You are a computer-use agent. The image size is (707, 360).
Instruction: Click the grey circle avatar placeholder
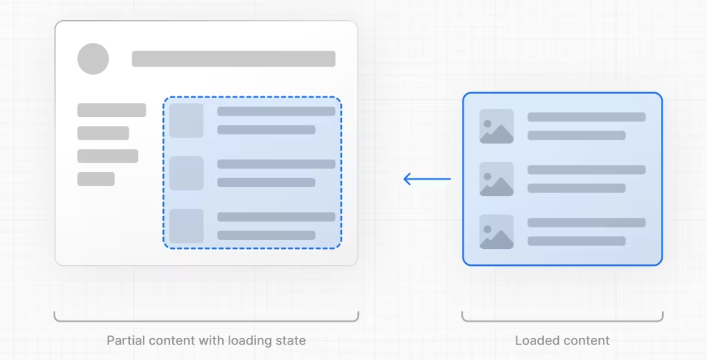click(x=93, y=58)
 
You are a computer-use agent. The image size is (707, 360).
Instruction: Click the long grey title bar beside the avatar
click(x=233, y=58)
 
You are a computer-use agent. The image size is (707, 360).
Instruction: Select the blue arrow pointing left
click(x=427, y=179)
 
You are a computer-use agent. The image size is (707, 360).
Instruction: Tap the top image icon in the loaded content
click(x=496, y=126)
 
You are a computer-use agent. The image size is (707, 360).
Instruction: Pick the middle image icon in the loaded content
click(x=496, y=179)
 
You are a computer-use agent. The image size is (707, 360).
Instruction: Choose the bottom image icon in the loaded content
click(x=496, y=231)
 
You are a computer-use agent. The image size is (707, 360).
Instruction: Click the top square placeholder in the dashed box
click(x=186, y=120)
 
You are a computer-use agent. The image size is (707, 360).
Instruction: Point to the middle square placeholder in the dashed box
click(x=186, y=173)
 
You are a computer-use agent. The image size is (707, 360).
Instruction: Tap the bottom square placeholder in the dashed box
click(x=186, y=225)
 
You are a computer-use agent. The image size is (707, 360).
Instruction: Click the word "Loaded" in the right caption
click(x=534, y=341)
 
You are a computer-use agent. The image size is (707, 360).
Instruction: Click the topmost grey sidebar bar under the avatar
click(x=112, y=110)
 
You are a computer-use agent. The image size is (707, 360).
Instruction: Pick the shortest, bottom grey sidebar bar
click(x=96, y=179)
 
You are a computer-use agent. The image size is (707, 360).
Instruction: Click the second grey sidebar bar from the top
click(x=103, y=133)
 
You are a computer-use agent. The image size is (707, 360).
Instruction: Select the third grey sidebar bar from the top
click(x=108, y=156)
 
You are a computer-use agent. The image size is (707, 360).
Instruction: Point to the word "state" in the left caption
click(x=290, y=341)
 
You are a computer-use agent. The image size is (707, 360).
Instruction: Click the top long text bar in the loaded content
click(x=586, y=117)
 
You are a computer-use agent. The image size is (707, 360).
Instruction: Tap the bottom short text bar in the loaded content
click(x=576, y=240)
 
